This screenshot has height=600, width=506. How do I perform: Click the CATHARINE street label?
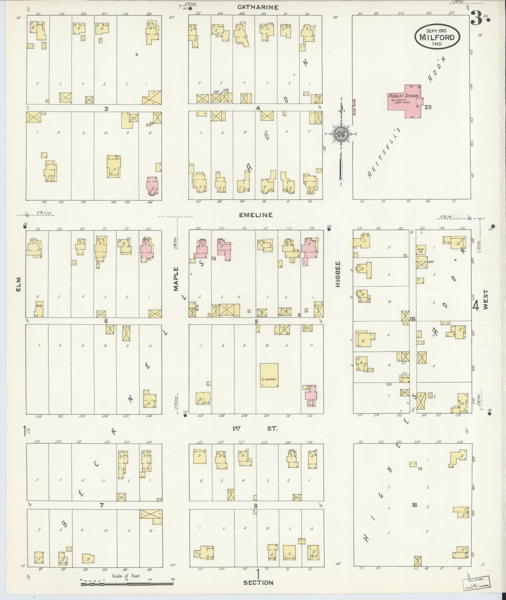coord(258,7)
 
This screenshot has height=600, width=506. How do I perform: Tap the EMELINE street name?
coord(256,215)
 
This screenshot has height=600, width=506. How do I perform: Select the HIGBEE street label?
coord(338,274)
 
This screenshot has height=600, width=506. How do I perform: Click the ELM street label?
coord(19,284)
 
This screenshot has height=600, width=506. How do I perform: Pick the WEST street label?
coord(486,300)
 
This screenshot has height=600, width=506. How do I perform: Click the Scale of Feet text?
coord(126,576)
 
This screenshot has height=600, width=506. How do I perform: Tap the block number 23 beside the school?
coord(428,107)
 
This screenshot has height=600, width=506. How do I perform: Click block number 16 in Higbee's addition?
coord(415,505)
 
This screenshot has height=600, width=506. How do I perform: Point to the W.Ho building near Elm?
coord(39,309)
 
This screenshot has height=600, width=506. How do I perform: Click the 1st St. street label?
coord(254,428)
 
